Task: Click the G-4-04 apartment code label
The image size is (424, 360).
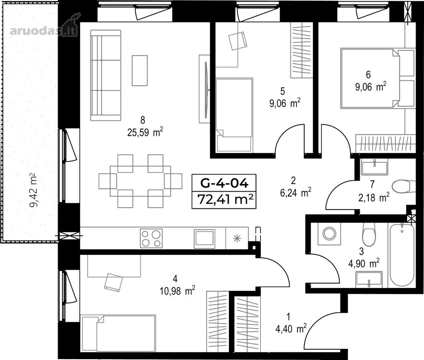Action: pyautogui.click(x=224, y=183)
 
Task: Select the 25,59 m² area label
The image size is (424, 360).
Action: pyautogui.click(x=145, y=133)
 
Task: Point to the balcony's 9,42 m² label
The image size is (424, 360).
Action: pyautogui.click(x=34, y=190)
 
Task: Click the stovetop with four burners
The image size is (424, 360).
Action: pyautogui.click(x=151, y=238)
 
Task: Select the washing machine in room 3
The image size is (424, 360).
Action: pyautogui.click(x=329, y=234)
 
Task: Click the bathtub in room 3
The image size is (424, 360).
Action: pyautogui.click(x=402, y=254)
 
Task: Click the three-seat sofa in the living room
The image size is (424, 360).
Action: pyautogui.click(x=106, y=75)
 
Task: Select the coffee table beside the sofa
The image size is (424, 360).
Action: pyautogui.click(x=140, y=70)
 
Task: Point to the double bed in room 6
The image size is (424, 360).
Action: pyautogui.click(x=378, y=78)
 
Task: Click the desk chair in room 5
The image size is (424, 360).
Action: pyautogui.click(x=238, y=40)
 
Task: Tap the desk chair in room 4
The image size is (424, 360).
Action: pyautogui.click(x=113, y=282)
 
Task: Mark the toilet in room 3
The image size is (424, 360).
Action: pyautogui.click(x=369, y=234)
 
